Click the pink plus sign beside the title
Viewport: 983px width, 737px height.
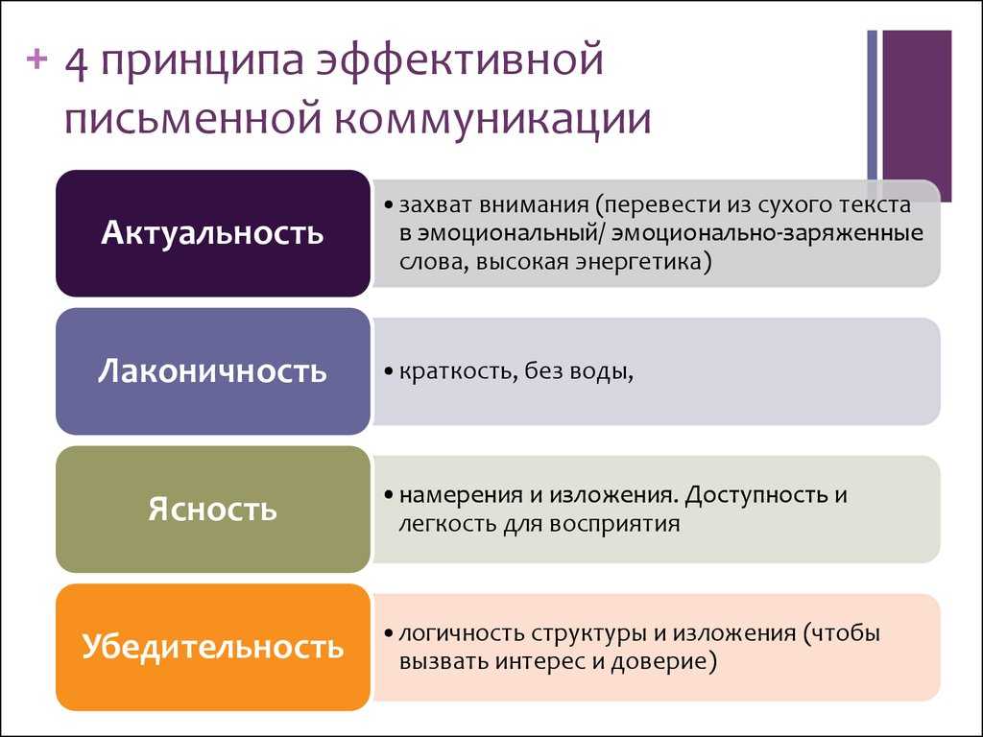37,59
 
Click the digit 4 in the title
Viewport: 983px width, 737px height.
77,62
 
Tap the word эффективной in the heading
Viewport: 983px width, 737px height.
460,61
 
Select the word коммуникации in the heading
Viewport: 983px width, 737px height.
492,118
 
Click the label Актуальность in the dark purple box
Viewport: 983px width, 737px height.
212,233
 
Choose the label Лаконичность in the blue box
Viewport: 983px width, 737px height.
212,370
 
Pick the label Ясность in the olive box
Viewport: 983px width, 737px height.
212,509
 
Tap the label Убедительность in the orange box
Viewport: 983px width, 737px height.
212,646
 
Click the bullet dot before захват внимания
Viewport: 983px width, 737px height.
389,205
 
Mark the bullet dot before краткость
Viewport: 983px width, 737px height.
389,371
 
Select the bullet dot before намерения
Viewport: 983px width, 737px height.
389,495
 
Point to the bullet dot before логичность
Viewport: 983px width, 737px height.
389,633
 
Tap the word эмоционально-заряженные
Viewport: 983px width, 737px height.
767,233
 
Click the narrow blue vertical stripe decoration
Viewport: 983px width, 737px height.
872,106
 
